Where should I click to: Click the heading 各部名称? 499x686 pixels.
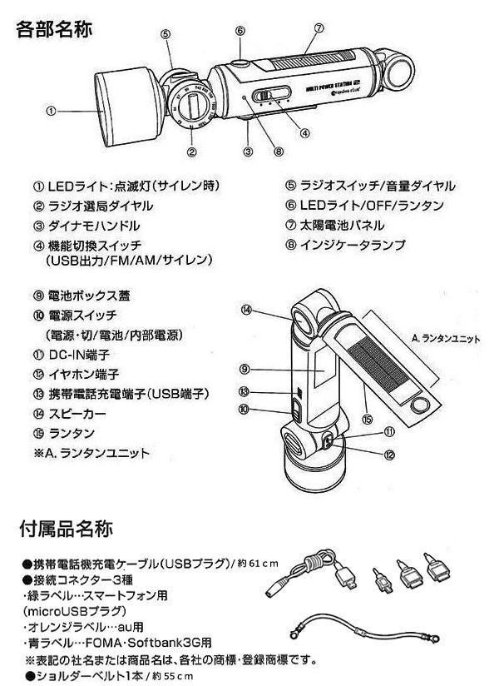point(54,29)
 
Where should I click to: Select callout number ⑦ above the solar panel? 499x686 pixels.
point(319,27)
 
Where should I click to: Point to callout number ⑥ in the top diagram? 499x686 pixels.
point(240,31)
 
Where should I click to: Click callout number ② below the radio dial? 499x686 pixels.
point(192,152)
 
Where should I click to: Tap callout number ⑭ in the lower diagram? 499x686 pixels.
point(246,310)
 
